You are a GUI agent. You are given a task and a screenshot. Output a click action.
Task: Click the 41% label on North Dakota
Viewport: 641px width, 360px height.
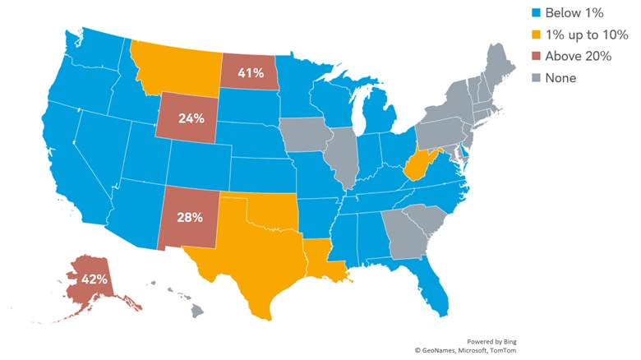pyautogui.click(x=251, y=73)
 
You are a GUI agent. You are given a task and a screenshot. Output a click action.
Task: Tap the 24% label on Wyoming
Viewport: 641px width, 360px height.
pyautogui.click(x=191, y=118)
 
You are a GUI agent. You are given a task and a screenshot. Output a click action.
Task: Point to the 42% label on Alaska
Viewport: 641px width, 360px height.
pyautogui.click(x=94, y=279)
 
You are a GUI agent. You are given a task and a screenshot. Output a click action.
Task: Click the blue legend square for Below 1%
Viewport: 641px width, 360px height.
pyautogui.click(x=535, y=14)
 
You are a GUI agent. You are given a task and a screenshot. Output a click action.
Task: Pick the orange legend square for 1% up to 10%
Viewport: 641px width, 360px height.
pyautogui.click(x=535, y=35)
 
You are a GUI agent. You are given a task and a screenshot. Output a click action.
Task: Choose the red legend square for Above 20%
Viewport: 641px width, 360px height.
pyautogui.click(x=535, y=57)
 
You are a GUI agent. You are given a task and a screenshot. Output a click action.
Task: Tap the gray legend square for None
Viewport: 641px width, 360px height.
pyautogui.click(x=535, y=78)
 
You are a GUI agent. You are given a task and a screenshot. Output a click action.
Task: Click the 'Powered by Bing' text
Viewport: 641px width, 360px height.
pyautogui.click(x=492, y=340)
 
